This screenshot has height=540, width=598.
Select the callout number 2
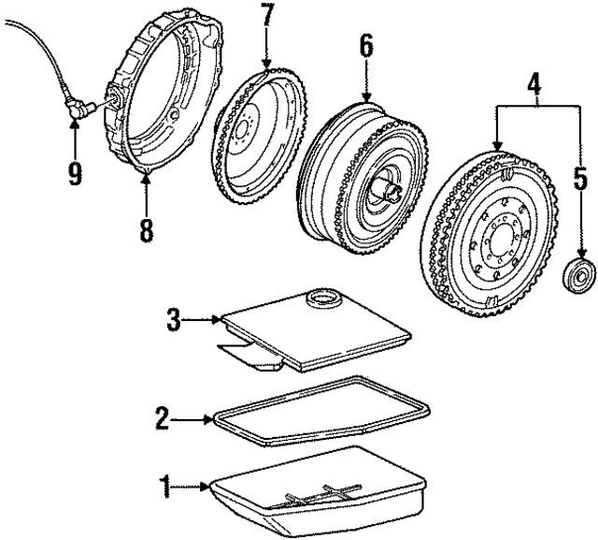162,417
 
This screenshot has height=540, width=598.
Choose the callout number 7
267,16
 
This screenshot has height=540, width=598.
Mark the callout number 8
145,229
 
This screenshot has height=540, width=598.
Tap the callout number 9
73,173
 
